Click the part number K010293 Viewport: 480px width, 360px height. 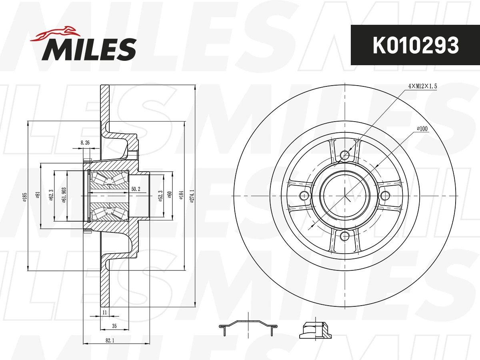pos(416,45)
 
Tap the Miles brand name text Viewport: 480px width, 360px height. pos(89,49)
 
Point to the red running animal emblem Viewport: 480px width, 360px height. pos(55,34)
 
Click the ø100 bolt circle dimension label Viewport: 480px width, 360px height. pos(422,128)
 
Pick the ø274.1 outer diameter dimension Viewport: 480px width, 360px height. pos(192,196)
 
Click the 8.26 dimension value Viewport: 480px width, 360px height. pos(85,143)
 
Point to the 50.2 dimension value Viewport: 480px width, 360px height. pos(136,189)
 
